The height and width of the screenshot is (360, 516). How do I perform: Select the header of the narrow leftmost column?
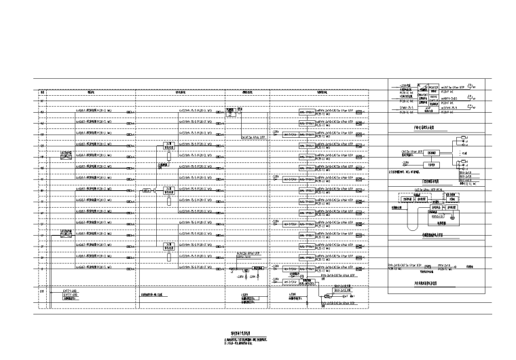[41, 93]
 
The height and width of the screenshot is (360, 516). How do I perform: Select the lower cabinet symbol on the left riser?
[66, 234]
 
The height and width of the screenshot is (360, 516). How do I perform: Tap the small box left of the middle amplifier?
[146, 191]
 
